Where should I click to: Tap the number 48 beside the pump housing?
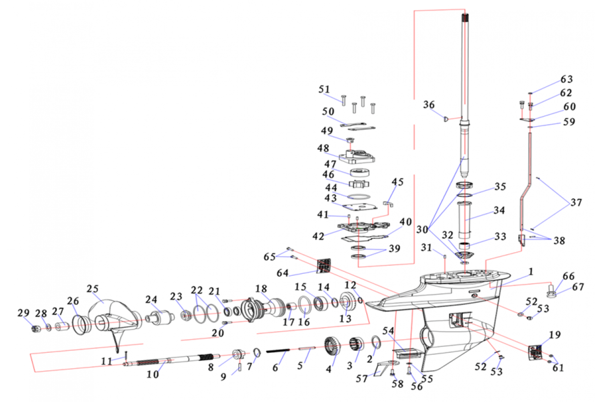323,149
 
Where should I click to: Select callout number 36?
429,105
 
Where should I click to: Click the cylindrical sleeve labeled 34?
465,219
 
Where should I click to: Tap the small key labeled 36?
445,119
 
